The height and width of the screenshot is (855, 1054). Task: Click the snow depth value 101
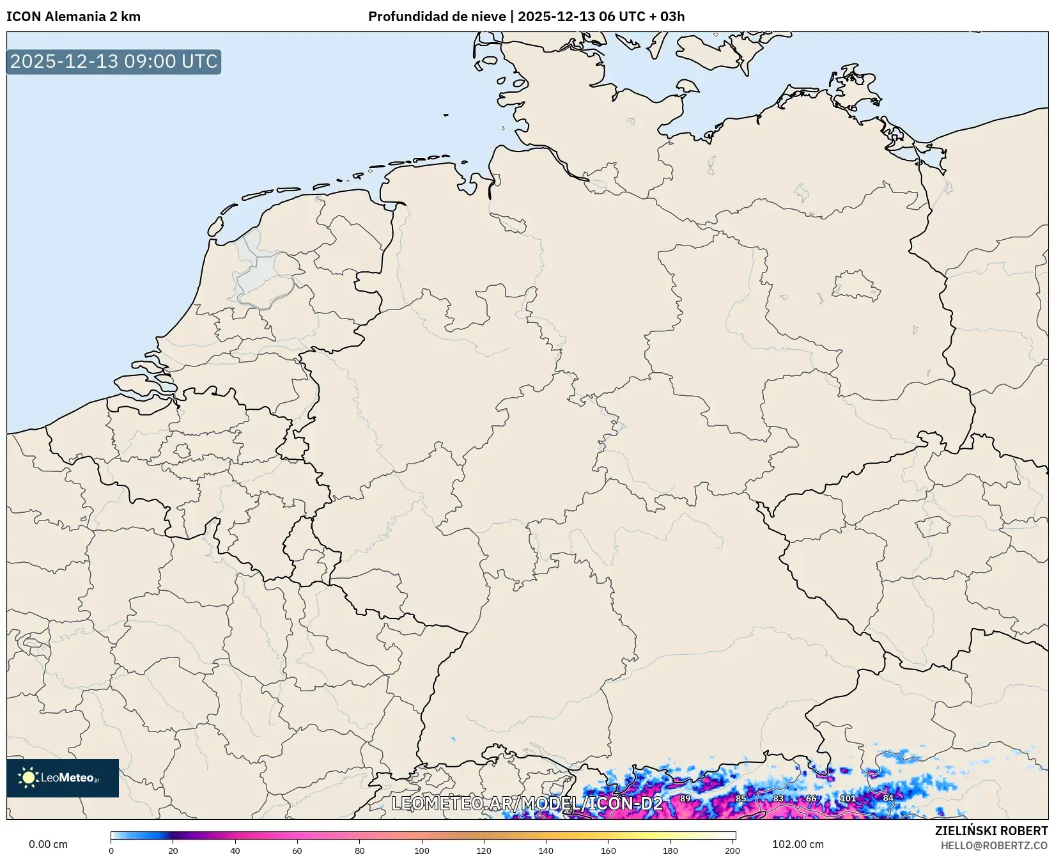pos(848,798)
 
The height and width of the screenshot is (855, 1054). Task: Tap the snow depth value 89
pos(685,798)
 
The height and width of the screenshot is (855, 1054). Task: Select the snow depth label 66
pos(811,798)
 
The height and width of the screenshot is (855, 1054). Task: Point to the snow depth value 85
pos(741,798)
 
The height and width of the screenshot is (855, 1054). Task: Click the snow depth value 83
pos(778,798)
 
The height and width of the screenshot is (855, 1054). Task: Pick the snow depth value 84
pos(888,797)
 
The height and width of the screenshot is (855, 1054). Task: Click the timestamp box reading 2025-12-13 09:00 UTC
pos(114,61)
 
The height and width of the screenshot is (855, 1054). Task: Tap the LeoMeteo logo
pos(63,778)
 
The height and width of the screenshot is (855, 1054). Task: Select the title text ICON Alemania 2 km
pos(74,17)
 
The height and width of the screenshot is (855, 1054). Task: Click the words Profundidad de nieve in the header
pos(437,17)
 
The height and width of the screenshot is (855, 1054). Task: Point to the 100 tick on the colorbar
pos(422,850)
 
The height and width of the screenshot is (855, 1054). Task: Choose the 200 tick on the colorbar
pos(732,850)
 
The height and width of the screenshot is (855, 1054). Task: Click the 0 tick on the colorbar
pos(111,850)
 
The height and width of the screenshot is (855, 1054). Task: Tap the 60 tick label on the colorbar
pos(297,850)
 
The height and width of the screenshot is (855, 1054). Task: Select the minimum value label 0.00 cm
pos(49,844)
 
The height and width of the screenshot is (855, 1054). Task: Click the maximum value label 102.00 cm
pos(798,844)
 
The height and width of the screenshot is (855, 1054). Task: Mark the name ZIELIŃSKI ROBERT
pos(991,831)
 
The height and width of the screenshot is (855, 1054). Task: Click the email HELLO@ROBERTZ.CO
pos(994,845)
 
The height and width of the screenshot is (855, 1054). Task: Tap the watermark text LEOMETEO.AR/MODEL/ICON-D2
pos(527,803)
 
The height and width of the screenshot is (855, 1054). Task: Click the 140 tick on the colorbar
pos(546,850)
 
